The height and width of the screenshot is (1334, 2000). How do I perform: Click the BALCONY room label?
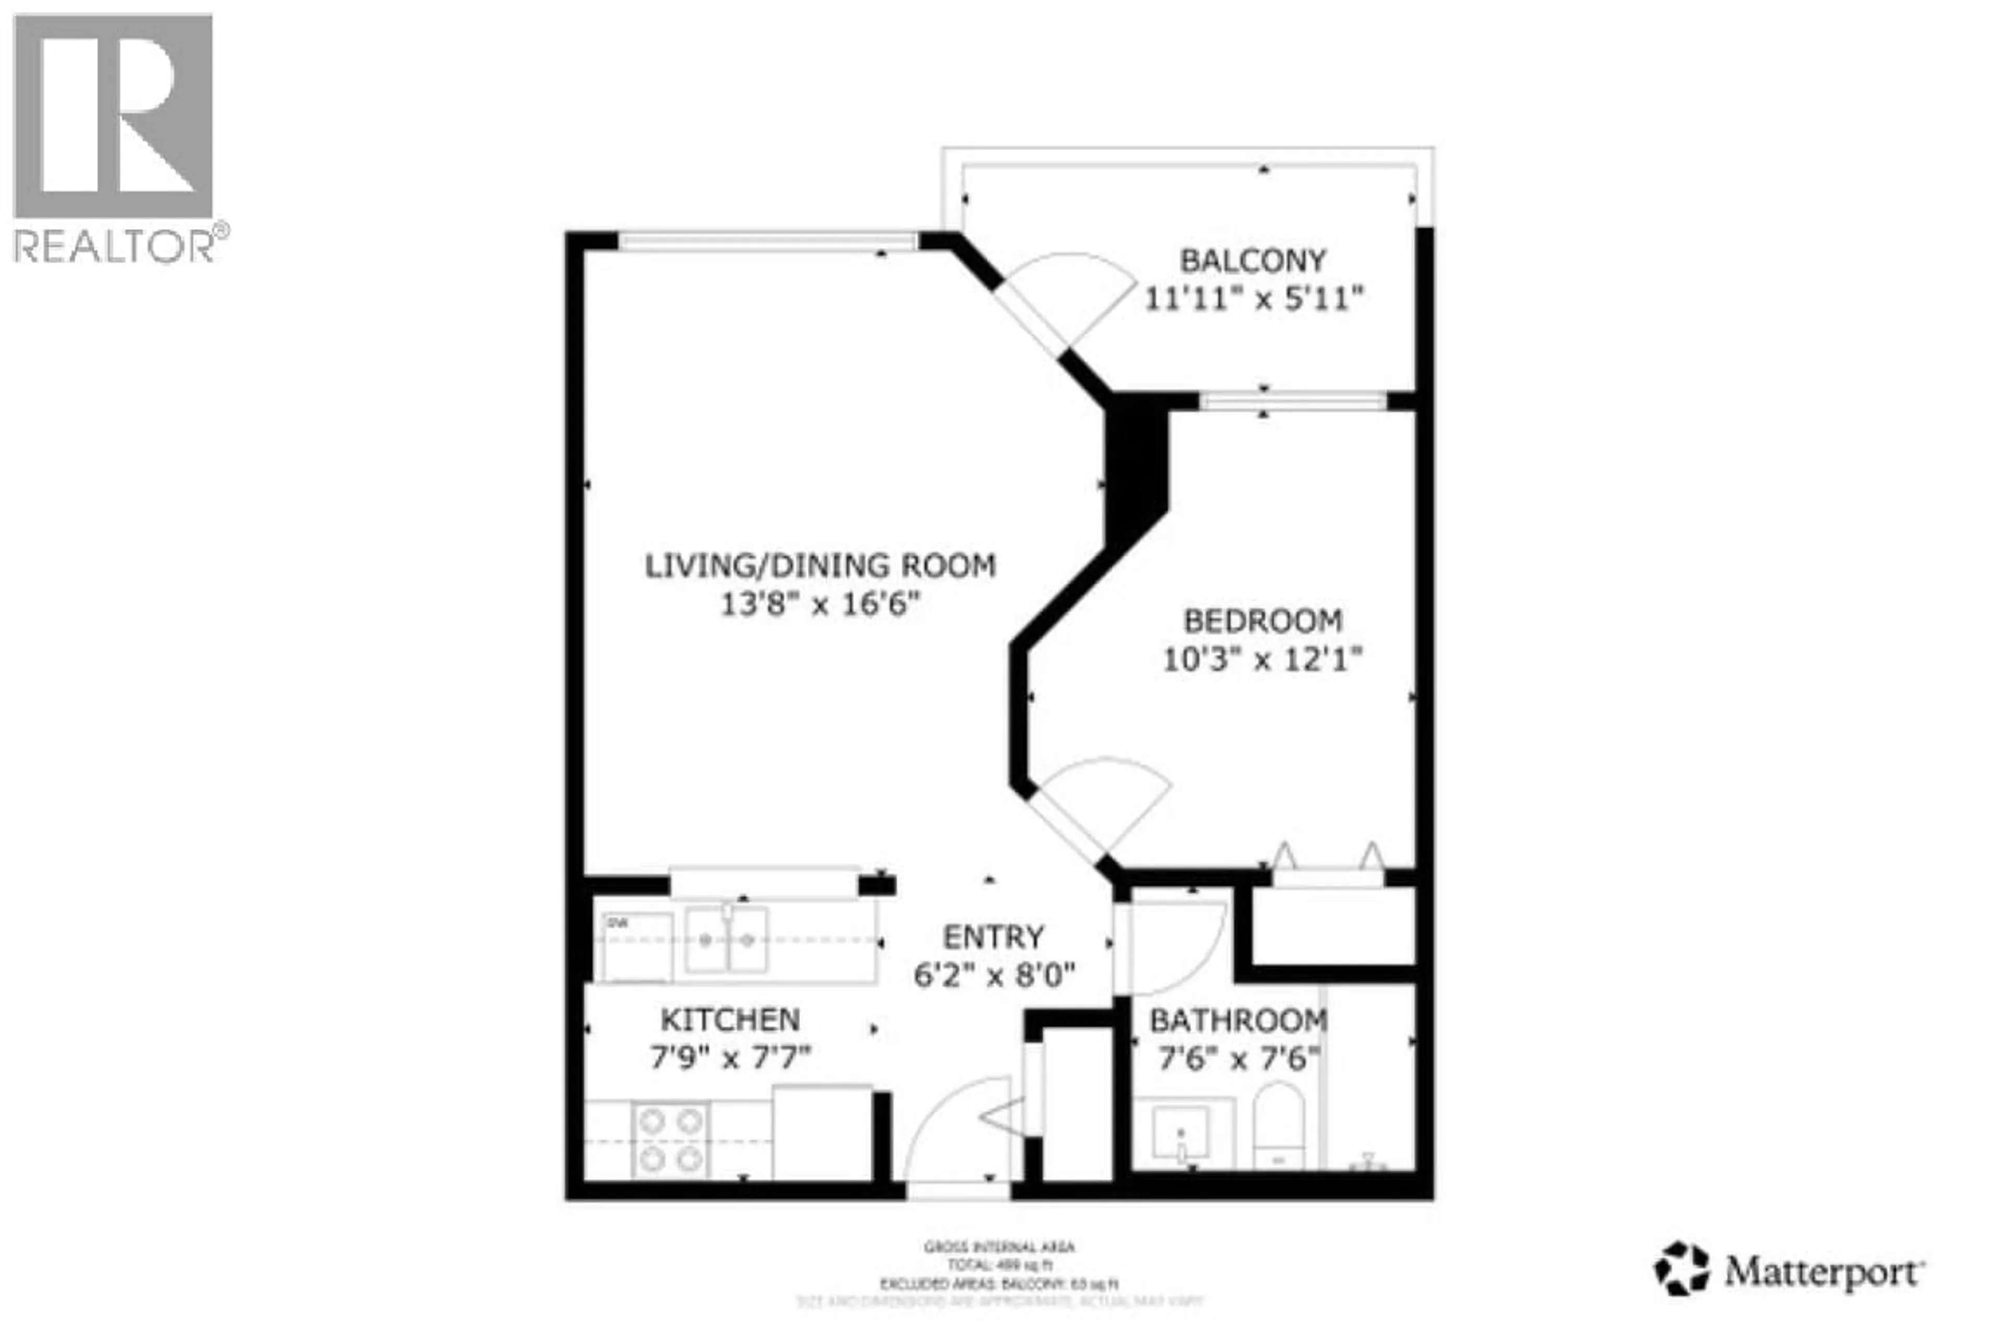[1253, 260]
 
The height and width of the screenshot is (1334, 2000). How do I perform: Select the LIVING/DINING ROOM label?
[820, 566]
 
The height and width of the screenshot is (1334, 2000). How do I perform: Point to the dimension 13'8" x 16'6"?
[820, 605]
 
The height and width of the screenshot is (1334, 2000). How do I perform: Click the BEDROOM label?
[1263, 621]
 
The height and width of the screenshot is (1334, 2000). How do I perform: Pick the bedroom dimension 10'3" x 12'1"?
[1263, 659]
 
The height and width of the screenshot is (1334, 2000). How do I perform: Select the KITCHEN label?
[730, 1019]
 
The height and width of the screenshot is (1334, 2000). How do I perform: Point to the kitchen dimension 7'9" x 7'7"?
[730, 1058]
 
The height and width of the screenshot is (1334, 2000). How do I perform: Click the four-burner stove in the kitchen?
[671, 1140]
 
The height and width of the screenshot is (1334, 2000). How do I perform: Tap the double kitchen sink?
[726, 939]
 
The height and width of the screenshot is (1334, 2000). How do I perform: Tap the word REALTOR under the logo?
[115, 247]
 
